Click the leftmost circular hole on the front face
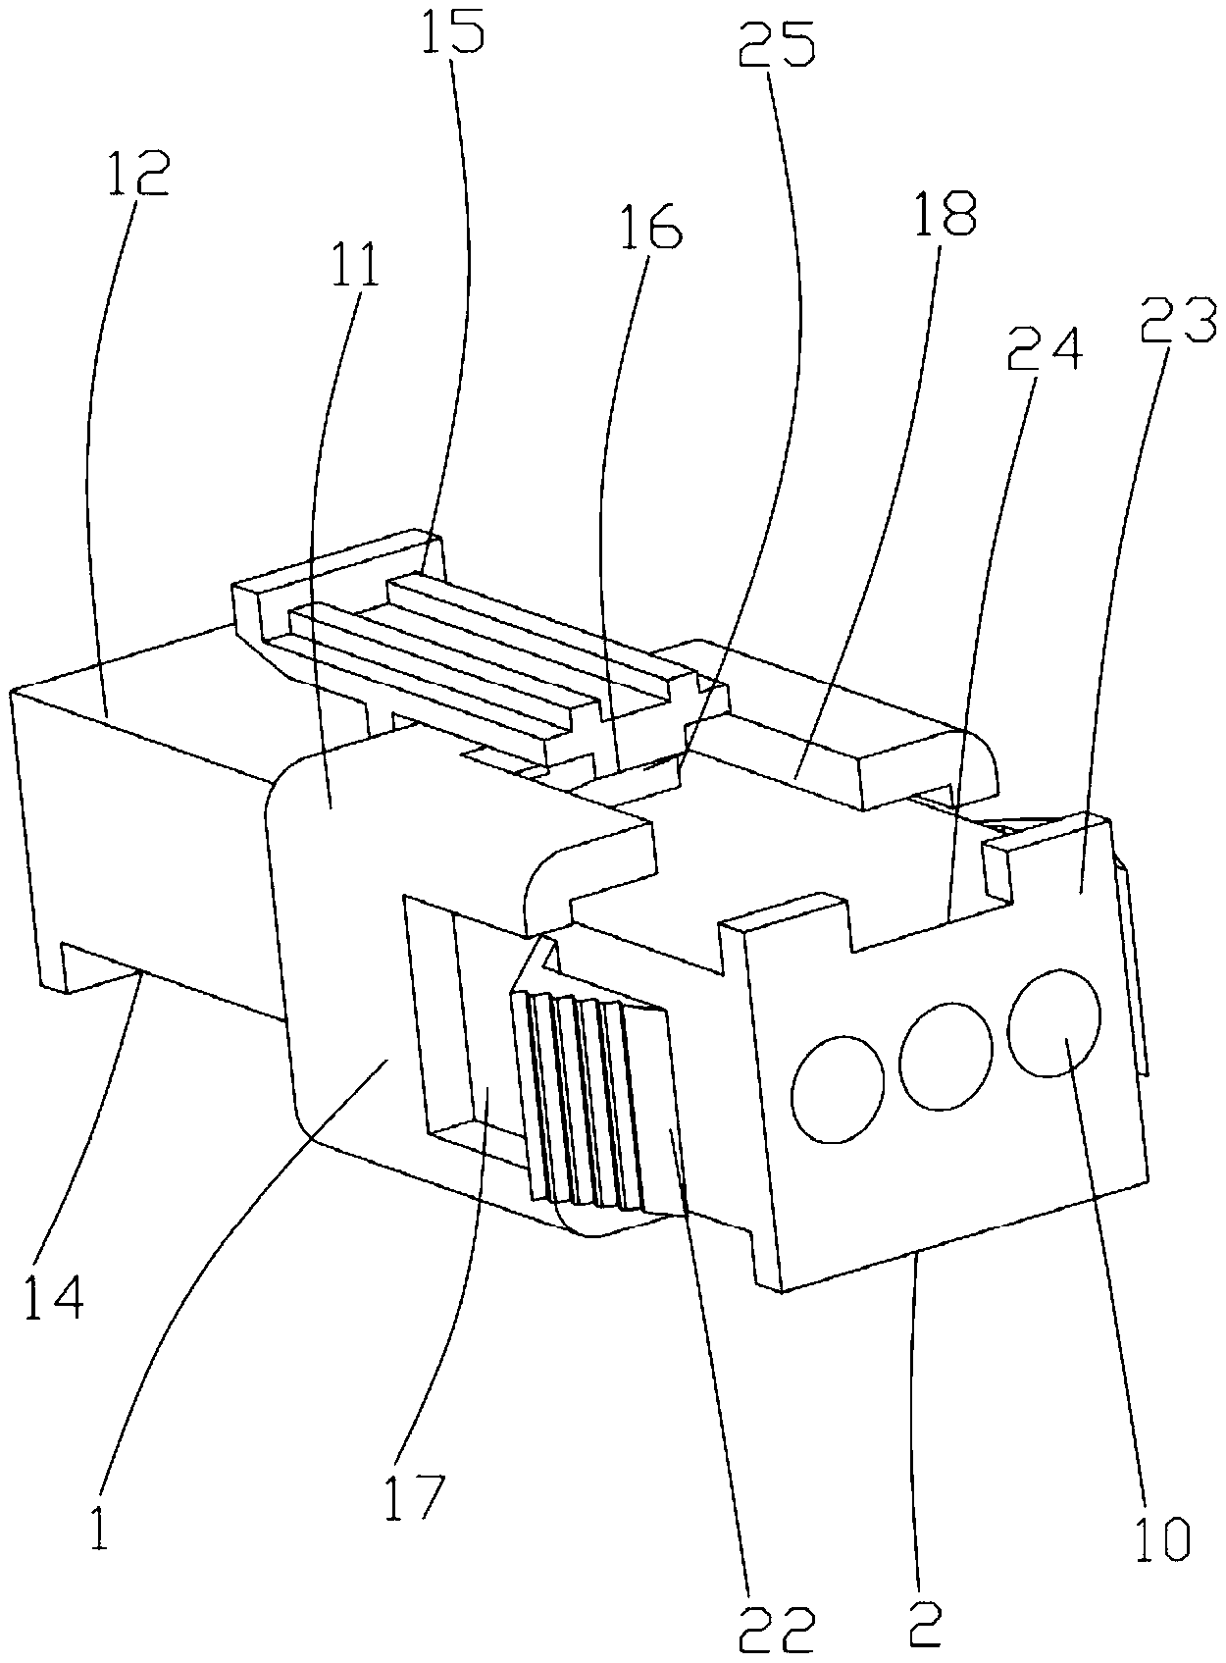838,1088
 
